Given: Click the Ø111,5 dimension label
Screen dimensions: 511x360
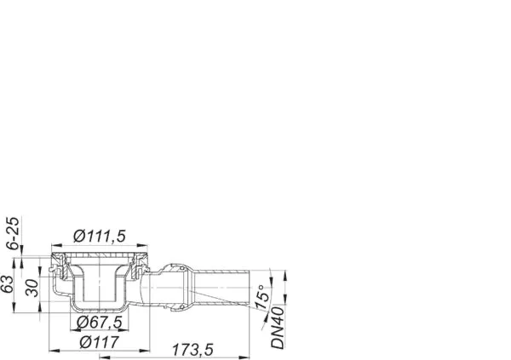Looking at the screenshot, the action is click(x=100, y=236).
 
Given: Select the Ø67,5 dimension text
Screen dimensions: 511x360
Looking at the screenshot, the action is click(x=100, y=323).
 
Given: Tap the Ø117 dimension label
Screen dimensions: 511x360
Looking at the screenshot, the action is click(x=100, y=342).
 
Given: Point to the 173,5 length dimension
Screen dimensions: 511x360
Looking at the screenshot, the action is click(x=192, y=350).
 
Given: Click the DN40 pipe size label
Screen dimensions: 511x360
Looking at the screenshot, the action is click(x=278, y=328).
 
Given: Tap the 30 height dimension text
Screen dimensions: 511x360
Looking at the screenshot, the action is click(x=32, y=289).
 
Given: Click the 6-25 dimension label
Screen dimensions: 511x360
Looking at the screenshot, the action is click(x=14, y=233).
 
